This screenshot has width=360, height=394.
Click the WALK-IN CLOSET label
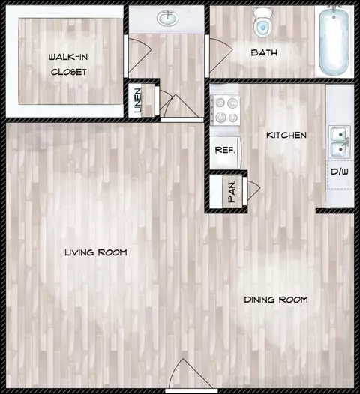68,64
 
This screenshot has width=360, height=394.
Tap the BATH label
264,52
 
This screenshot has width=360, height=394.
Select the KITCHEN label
286,135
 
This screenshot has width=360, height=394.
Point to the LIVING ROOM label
96,252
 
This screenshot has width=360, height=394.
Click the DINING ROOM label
276,300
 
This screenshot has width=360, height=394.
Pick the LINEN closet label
137,100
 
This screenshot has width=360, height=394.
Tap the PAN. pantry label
232,192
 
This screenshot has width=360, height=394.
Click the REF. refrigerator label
225,150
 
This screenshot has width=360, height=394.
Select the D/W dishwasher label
340,172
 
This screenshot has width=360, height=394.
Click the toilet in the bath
263,22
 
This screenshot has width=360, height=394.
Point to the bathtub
334,40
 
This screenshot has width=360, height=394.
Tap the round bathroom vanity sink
167,18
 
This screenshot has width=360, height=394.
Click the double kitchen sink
340,142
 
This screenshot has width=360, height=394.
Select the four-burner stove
225,110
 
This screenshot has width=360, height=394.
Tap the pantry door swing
253,188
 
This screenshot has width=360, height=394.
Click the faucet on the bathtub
334,10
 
